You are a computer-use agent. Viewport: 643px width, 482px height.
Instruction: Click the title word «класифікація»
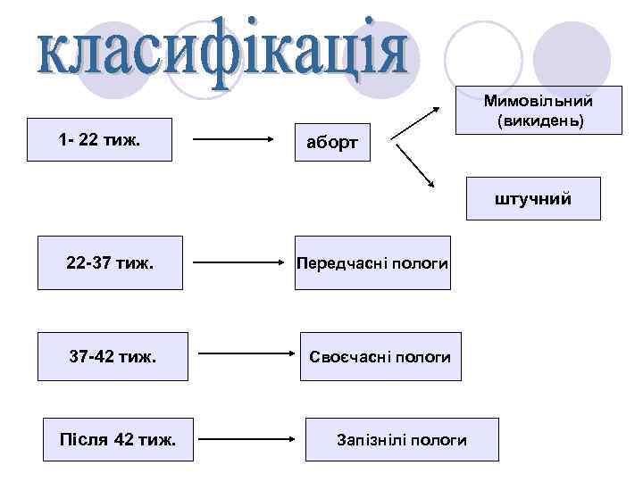click(x=223, y=55)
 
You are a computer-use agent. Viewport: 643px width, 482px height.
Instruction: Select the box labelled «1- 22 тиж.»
click(x=99, y=139)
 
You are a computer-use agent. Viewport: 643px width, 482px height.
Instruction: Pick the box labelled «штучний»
click(x=532, y=198)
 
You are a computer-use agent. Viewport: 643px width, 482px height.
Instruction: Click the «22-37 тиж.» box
click(x=110, y=263)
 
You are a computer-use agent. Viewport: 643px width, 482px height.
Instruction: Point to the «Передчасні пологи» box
click(x=373, y=263)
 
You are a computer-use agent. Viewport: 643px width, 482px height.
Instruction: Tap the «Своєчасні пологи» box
click(x=380, y=357)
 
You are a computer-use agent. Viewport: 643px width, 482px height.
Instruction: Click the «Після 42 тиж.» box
click(x=117, y=439)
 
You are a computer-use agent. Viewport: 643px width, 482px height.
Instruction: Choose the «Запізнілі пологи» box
click(x=402, y=439)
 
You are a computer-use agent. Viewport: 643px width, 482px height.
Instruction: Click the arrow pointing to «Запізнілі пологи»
click(x=246, y=439)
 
